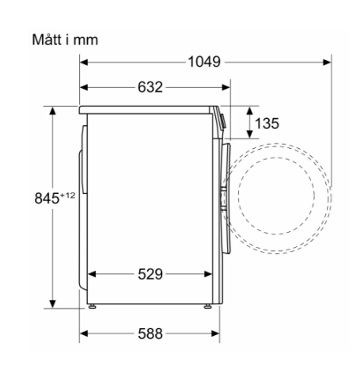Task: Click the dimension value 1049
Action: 204,63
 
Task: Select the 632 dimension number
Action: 150,87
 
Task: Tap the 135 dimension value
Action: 267,124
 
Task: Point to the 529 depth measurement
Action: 150,274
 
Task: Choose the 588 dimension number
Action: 150,333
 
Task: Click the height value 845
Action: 47,198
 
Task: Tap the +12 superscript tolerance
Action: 68,196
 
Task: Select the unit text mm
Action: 85,40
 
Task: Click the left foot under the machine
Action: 92,307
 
